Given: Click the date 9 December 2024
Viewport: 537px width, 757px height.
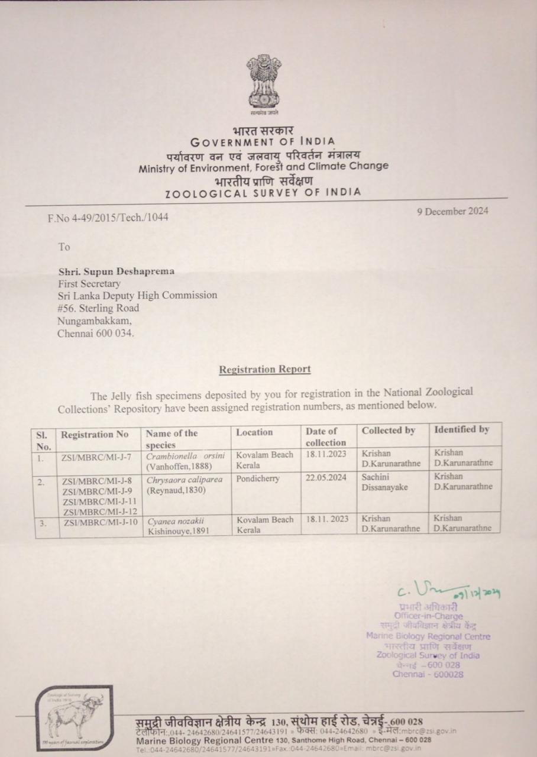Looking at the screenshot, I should pos(452,211).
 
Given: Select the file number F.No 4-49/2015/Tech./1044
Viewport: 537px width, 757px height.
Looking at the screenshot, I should pos(108,217).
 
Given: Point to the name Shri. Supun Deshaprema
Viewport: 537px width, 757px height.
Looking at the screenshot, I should pos(117,271).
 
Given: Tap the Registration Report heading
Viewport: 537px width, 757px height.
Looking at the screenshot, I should pos(264,369).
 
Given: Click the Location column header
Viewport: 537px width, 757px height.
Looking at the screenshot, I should pos(254,432).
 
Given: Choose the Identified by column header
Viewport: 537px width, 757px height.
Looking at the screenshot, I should pos(461,430).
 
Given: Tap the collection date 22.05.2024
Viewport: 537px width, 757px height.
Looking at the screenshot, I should pos(326,478).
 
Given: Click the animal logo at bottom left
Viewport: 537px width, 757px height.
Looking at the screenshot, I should pos(76,718).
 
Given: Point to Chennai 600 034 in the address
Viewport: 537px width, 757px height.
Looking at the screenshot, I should pos(96,333).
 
